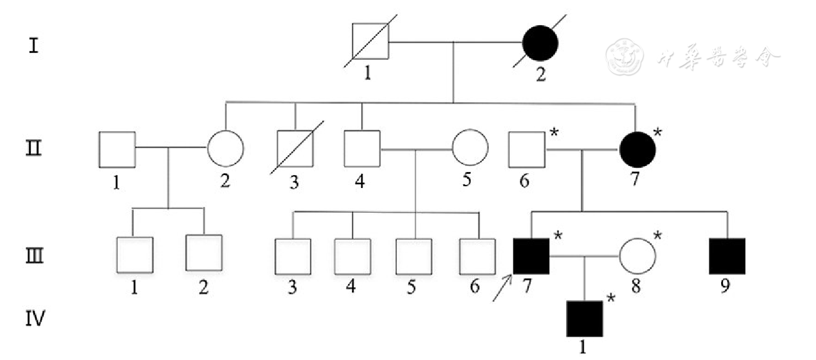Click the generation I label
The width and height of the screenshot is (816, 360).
point(35,46)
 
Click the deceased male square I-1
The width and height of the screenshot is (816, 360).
point(370,42)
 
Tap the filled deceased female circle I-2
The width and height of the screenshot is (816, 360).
point(540,43)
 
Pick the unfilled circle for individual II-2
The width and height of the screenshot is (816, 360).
point(225,148)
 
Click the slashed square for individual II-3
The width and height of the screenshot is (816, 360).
point(295,149)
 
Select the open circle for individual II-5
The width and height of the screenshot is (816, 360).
point(470,148)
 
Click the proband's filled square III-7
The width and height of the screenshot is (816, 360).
point(531,255)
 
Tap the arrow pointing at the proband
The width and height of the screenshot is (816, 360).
point(502,288)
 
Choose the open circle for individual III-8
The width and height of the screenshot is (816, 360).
point(637,255)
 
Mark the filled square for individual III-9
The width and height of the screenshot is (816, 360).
point(727,255)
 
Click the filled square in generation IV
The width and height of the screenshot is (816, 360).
point(584,319)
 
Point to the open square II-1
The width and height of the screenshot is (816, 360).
point(117,149)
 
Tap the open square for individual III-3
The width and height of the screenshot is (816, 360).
point(293,255)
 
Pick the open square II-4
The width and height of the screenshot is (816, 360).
point(362,149)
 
